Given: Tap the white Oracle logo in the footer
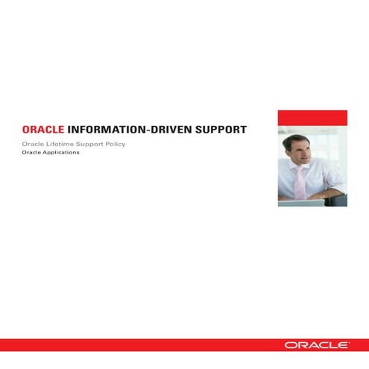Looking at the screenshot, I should click(x=315, y=345).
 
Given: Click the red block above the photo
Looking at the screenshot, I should click(x=312, y=118).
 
